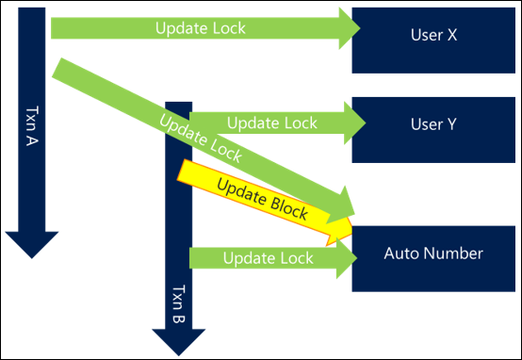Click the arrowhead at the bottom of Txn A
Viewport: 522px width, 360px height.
[x=28, y=243]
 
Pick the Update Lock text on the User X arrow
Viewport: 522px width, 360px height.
[x=200, y=27]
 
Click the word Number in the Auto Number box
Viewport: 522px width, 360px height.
[x=459, y=254]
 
